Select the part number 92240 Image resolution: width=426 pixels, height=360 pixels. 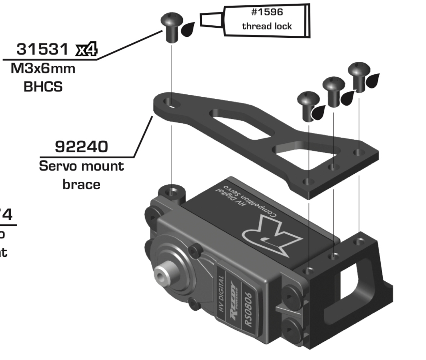tap(81, 147)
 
